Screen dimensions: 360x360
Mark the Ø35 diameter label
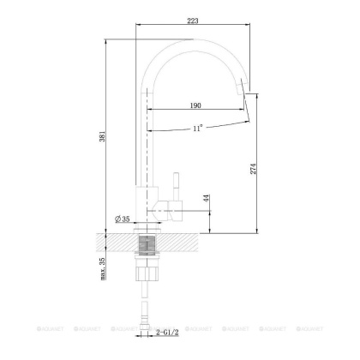(x=124, y=219)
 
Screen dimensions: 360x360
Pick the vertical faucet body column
(x=143, y=146)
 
